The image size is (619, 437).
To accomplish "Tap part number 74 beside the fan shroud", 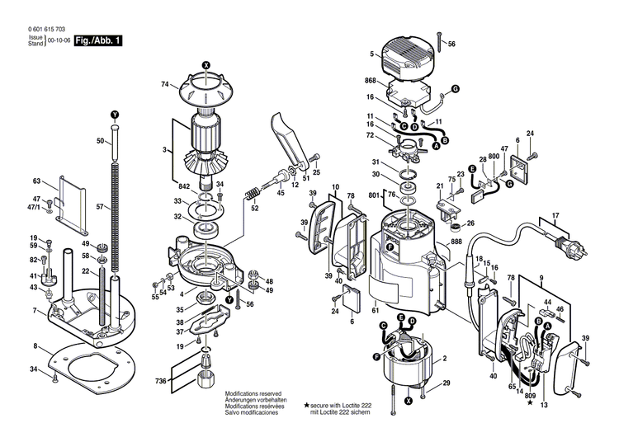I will (165, 85).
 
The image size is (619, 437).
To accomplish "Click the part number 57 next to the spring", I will (101, 207).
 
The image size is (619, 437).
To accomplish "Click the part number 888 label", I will (456, 243).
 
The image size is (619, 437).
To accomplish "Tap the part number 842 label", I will (184, 187).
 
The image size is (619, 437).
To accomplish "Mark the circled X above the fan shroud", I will (206, 65).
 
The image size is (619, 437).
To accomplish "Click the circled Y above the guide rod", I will (115, 113).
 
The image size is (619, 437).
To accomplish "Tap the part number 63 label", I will (36, 181).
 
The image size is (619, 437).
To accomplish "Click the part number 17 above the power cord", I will (555, 216).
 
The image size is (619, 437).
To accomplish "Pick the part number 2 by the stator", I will (446, 359).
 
